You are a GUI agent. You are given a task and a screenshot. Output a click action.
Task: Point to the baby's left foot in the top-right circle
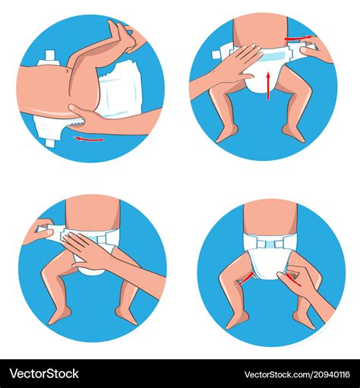click(x=292, y=134)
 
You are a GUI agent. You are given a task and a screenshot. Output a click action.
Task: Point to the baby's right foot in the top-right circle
click(x=226, y=134)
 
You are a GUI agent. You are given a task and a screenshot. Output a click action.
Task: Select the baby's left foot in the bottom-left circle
click(x=125, y=315)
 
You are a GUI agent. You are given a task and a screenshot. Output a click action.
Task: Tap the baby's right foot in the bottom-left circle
click(x=60, y=315)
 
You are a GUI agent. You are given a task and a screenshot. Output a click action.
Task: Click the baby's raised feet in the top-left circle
click(x=122, y=34)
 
